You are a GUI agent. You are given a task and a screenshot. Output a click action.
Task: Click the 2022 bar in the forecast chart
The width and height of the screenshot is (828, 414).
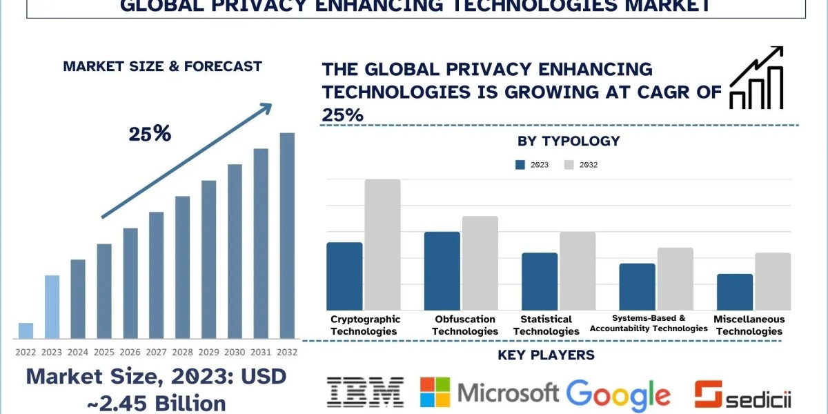[26, 331]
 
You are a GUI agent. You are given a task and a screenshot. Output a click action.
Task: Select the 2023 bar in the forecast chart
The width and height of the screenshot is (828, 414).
[52, 307]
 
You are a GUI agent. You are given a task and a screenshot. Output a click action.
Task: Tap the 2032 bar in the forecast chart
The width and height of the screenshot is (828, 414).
[286, 235]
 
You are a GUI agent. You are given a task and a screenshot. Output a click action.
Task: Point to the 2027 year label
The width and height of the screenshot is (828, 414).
[156, 351]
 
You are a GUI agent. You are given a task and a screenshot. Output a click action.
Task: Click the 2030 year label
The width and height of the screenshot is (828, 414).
[235, 351]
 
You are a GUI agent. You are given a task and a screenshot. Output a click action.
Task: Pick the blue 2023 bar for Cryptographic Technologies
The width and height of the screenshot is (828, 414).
[344, 276]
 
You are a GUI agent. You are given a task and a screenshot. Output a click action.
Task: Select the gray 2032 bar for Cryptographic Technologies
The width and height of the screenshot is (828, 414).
[382, 245]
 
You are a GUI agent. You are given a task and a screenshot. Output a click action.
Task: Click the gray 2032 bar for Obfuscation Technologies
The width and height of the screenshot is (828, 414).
[480, 263]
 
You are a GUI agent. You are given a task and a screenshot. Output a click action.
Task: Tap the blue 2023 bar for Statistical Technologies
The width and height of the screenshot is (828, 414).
[540, 282]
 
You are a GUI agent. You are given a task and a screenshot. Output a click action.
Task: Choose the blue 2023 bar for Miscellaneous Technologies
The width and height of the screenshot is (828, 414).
[735, 292]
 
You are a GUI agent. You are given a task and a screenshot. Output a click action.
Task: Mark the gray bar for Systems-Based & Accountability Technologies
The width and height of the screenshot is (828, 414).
[675, 279]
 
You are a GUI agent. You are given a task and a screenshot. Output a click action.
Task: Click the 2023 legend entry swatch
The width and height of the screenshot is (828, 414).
[522, 165]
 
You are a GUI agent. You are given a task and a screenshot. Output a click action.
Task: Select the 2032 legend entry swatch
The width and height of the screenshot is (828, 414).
[569, 165]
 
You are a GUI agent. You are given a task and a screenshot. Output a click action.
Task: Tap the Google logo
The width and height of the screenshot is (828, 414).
[618, 394]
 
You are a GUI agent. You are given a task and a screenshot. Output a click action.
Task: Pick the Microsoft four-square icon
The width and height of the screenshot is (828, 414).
[435, 392]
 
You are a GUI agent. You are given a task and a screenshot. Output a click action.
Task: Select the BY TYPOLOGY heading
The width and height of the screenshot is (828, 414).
[569, 141]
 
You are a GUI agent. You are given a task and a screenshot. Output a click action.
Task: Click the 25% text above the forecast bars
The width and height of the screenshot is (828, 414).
[150, 134]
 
